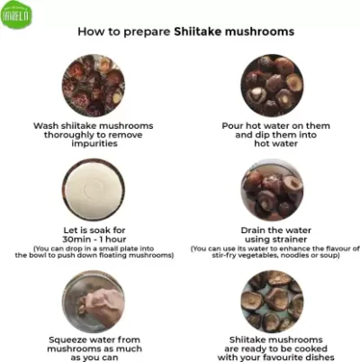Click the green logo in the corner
pyautogui.click(x=16, y=14)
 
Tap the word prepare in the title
pyautogui.click(x=147, y=32)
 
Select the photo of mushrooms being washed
pyautogui.click(x=94, y=86)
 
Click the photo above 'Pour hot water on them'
pyautogui.click(x=272, y=86)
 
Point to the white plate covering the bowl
pyautogui.click(x=93, y=188)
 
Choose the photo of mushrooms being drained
pyautogui.click(x=272, y=190)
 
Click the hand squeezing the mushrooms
pyautogui.click(x=103, y=303)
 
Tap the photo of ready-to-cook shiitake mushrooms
pyautogui.click(x=272, y=302)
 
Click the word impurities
pyautogui.click(x=94, y=144)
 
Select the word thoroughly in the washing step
pyautogui.click(x=69, y=135)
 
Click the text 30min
pyautogui.click(x=75, y=240)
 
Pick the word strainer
pyautogui.click(x=290, y=240)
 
